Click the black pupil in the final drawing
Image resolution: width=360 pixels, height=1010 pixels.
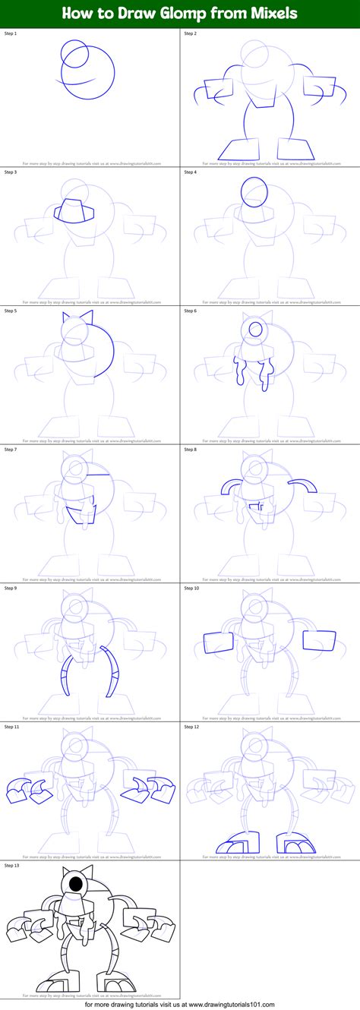tap(77, 884)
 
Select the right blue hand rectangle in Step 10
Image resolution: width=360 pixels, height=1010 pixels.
tap(319, 641)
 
